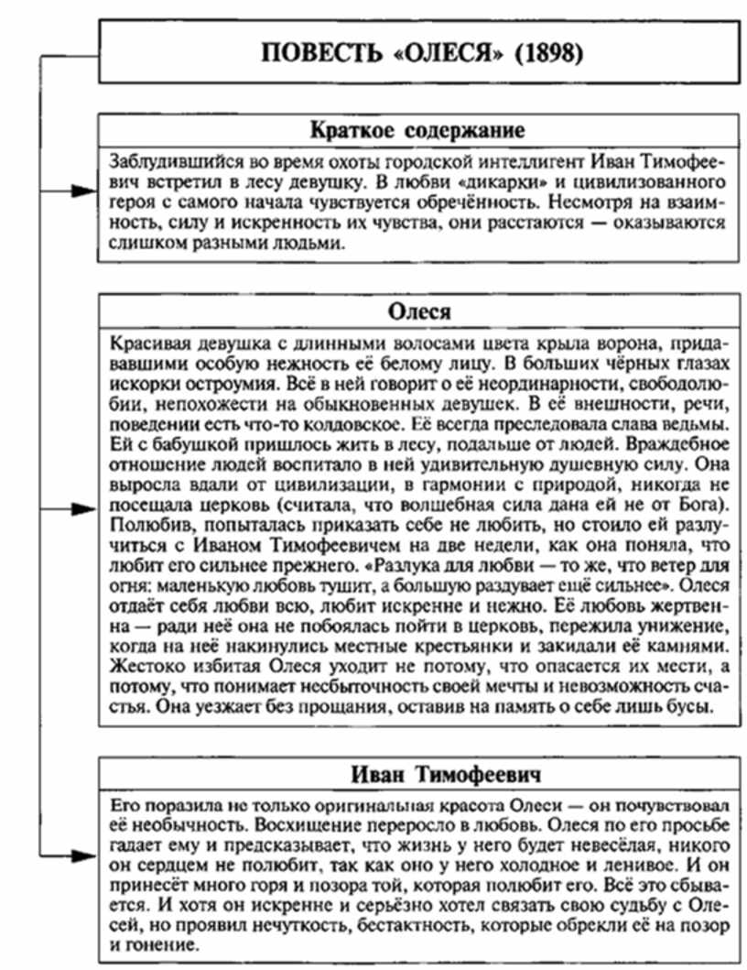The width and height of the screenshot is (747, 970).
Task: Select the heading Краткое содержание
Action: pyautogui.click(x=417, y=128)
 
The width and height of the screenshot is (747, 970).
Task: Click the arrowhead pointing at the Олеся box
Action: pyautogui.click(x=86, y=507)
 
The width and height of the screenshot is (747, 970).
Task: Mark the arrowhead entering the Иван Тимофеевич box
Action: pyautogui.click(x=86, y=856)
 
